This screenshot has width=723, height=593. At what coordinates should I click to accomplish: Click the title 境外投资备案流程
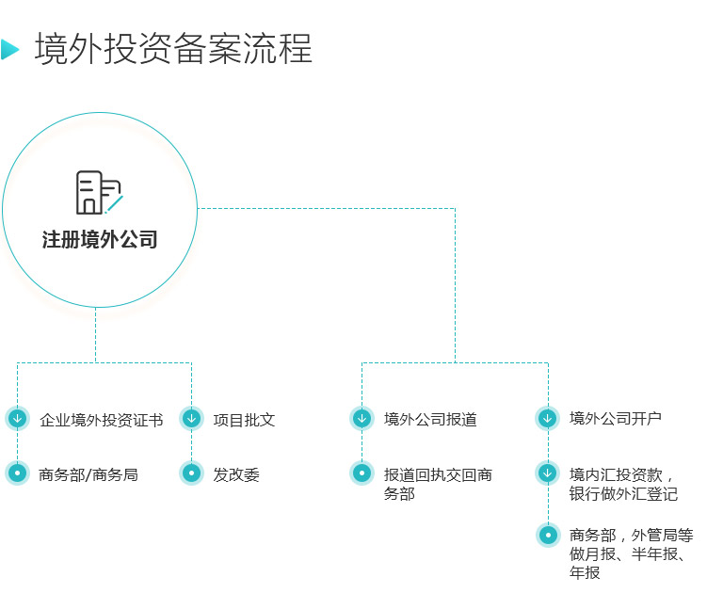[x=173, y=49]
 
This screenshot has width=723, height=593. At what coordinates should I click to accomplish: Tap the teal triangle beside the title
[x=9, y=49]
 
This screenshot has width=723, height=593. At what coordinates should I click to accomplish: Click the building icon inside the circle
[x=98, y=193]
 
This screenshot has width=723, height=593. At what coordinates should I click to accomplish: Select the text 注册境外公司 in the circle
[x=100, y=240]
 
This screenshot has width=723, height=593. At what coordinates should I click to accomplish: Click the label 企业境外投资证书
[x=102, y=420]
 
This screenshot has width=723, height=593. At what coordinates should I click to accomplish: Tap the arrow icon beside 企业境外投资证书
[x=17, y=419]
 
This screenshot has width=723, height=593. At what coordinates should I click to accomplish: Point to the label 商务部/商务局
[x=88, y=474]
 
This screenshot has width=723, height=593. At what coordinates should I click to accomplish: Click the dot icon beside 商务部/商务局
[x=17, y=473]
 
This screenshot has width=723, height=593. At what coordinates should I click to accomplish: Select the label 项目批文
[x=244, y=420]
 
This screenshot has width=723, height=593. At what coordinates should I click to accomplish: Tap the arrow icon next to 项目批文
[x=191, y=419]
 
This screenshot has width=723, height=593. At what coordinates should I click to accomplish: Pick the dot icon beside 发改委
[x=191, y=473]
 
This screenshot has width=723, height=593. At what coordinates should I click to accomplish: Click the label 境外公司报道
[x=430, y=420]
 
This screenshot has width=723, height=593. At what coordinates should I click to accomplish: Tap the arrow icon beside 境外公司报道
[x=361, y=419]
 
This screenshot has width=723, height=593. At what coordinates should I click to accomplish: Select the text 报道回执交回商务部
[x=438, y=484]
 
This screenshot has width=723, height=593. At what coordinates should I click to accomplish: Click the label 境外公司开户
[x=616, y=418]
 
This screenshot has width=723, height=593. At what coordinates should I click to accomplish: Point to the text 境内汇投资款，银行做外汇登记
[x=623, y=484]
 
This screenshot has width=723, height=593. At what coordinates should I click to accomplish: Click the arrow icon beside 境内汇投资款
[x=547, y=473]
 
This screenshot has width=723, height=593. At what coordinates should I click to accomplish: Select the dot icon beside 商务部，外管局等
[x=547, y=536]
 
